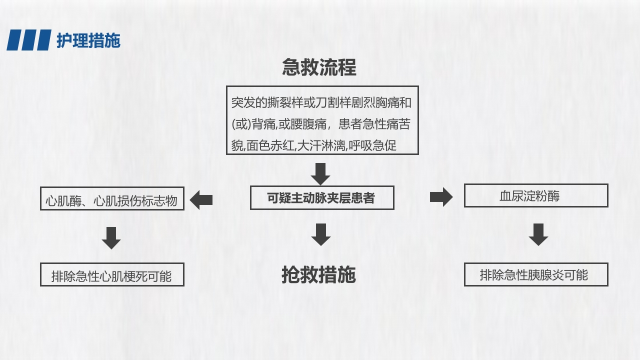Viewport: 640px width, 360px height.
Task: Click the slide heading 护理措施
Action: pos(88,40)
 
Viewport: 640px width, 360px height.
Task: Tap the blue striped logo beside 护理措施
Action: pos(29,40)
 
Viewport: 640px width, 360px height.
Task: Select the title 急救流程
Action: pos(319,67)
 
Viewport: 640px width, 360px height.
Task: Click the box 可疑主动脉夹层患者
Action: pos(321,198)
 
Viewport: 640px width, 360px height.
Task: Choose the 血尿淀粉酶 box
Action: pos(535,195)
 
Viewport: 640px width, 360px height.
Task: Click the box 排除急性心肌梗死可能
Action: pos(112,274)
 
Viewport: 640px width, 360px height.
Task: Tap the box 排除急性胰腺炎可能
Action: pos(535,274)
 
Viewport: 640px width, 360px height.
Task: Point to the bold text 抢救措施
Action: pos(318,274)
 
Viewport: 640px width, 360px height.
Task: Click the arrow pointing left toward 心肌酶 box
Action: pos(201,200)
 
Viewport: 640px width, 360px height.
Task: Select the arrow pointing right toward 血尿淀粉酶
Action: pos(440,197)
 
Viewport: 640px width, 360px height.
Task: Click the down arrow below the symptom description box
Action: pos(320,173)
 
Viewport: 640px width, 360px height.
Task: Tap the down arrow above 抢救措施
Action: pos(320,234)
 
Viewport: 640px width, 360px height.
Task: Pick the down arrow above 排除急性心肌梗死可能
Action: pos(111,237)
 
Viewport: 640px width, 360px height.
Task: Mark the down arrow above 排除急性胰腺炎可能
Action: pos(538,234)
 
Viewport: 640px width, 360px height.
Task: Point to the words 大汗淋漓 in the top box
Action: pos(321,145)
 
